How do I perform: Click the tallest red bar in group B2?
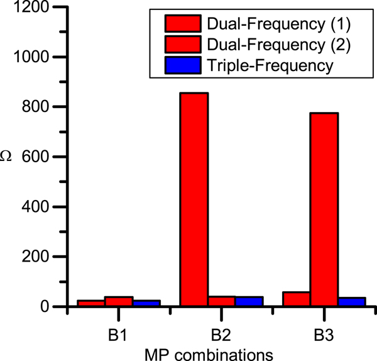tap(194, 199)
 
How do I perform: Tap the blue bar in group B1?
tap(146, 303)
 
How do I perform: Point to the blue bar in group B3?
tap(352, 302)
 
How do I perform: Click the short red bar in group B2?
tap(222, 301)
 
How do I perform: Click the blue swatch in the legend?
tap(183, 64)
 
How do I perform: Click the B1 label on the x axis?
tap(119, 330)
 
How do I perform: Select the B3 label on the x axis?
tap(324, 330)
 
